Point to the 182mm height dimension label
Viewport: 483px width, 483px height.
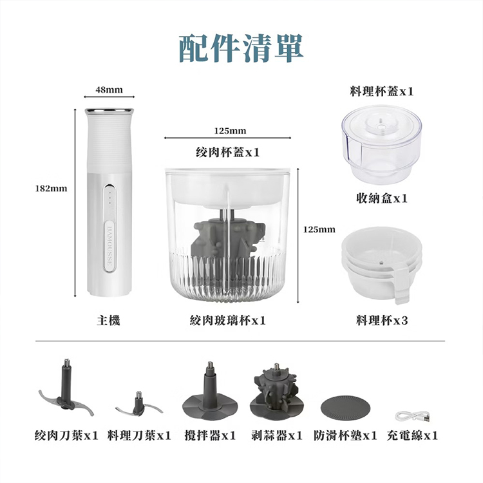pyautogui.click(x=51, y=189)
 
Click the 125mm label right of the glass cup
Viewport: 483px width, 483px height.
pyautogui.click(x=319, y=229)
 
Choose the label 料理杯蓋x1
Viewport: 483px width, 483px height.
pyautogui.click(x=381, y=92)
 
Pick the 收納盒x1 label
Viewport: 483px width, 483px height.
pyautogui.click(x=381, y=198)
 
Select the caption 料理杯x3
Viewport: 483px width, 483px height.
pyautogui.click(x=381, y=320)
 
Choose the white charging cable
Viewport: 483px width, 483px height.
pyautogui.click(x=412, y=415)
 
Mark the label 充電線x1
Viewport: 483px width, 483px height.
pyautogui.click(x=412, y=436)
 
